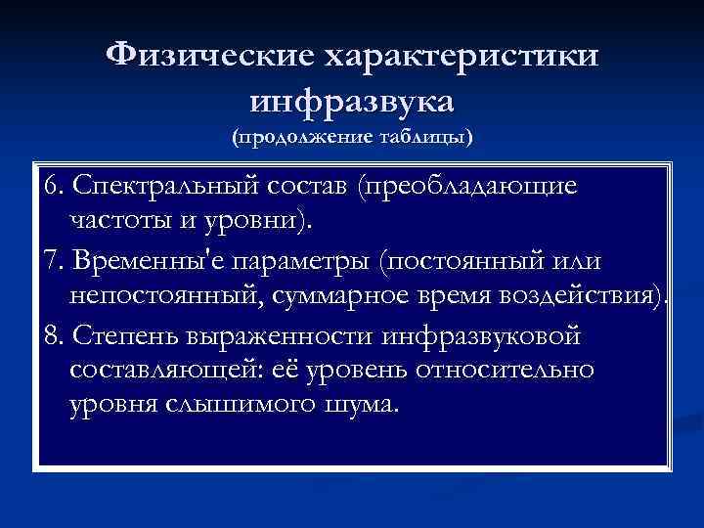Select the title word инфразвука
pyautogui.click(x=352, y=100)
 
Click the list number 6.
pyautogui.click(x=53, y=186)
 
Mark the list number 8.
pyautogui.click(x=53, y=337)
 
